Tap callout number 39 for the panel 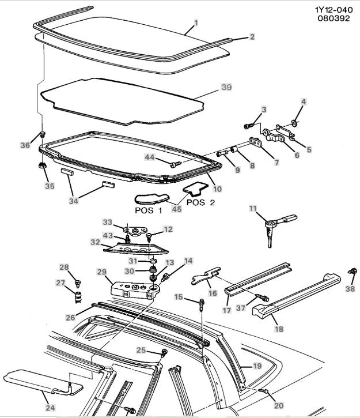coord(226,87)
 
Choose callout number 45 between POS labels coord(177,209)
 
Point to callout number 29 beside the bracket coord(102,272)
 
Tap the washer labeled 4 coord(294,123)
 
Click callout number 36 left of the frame coord(25,146)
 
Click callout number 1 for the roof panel coord(196,22)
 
